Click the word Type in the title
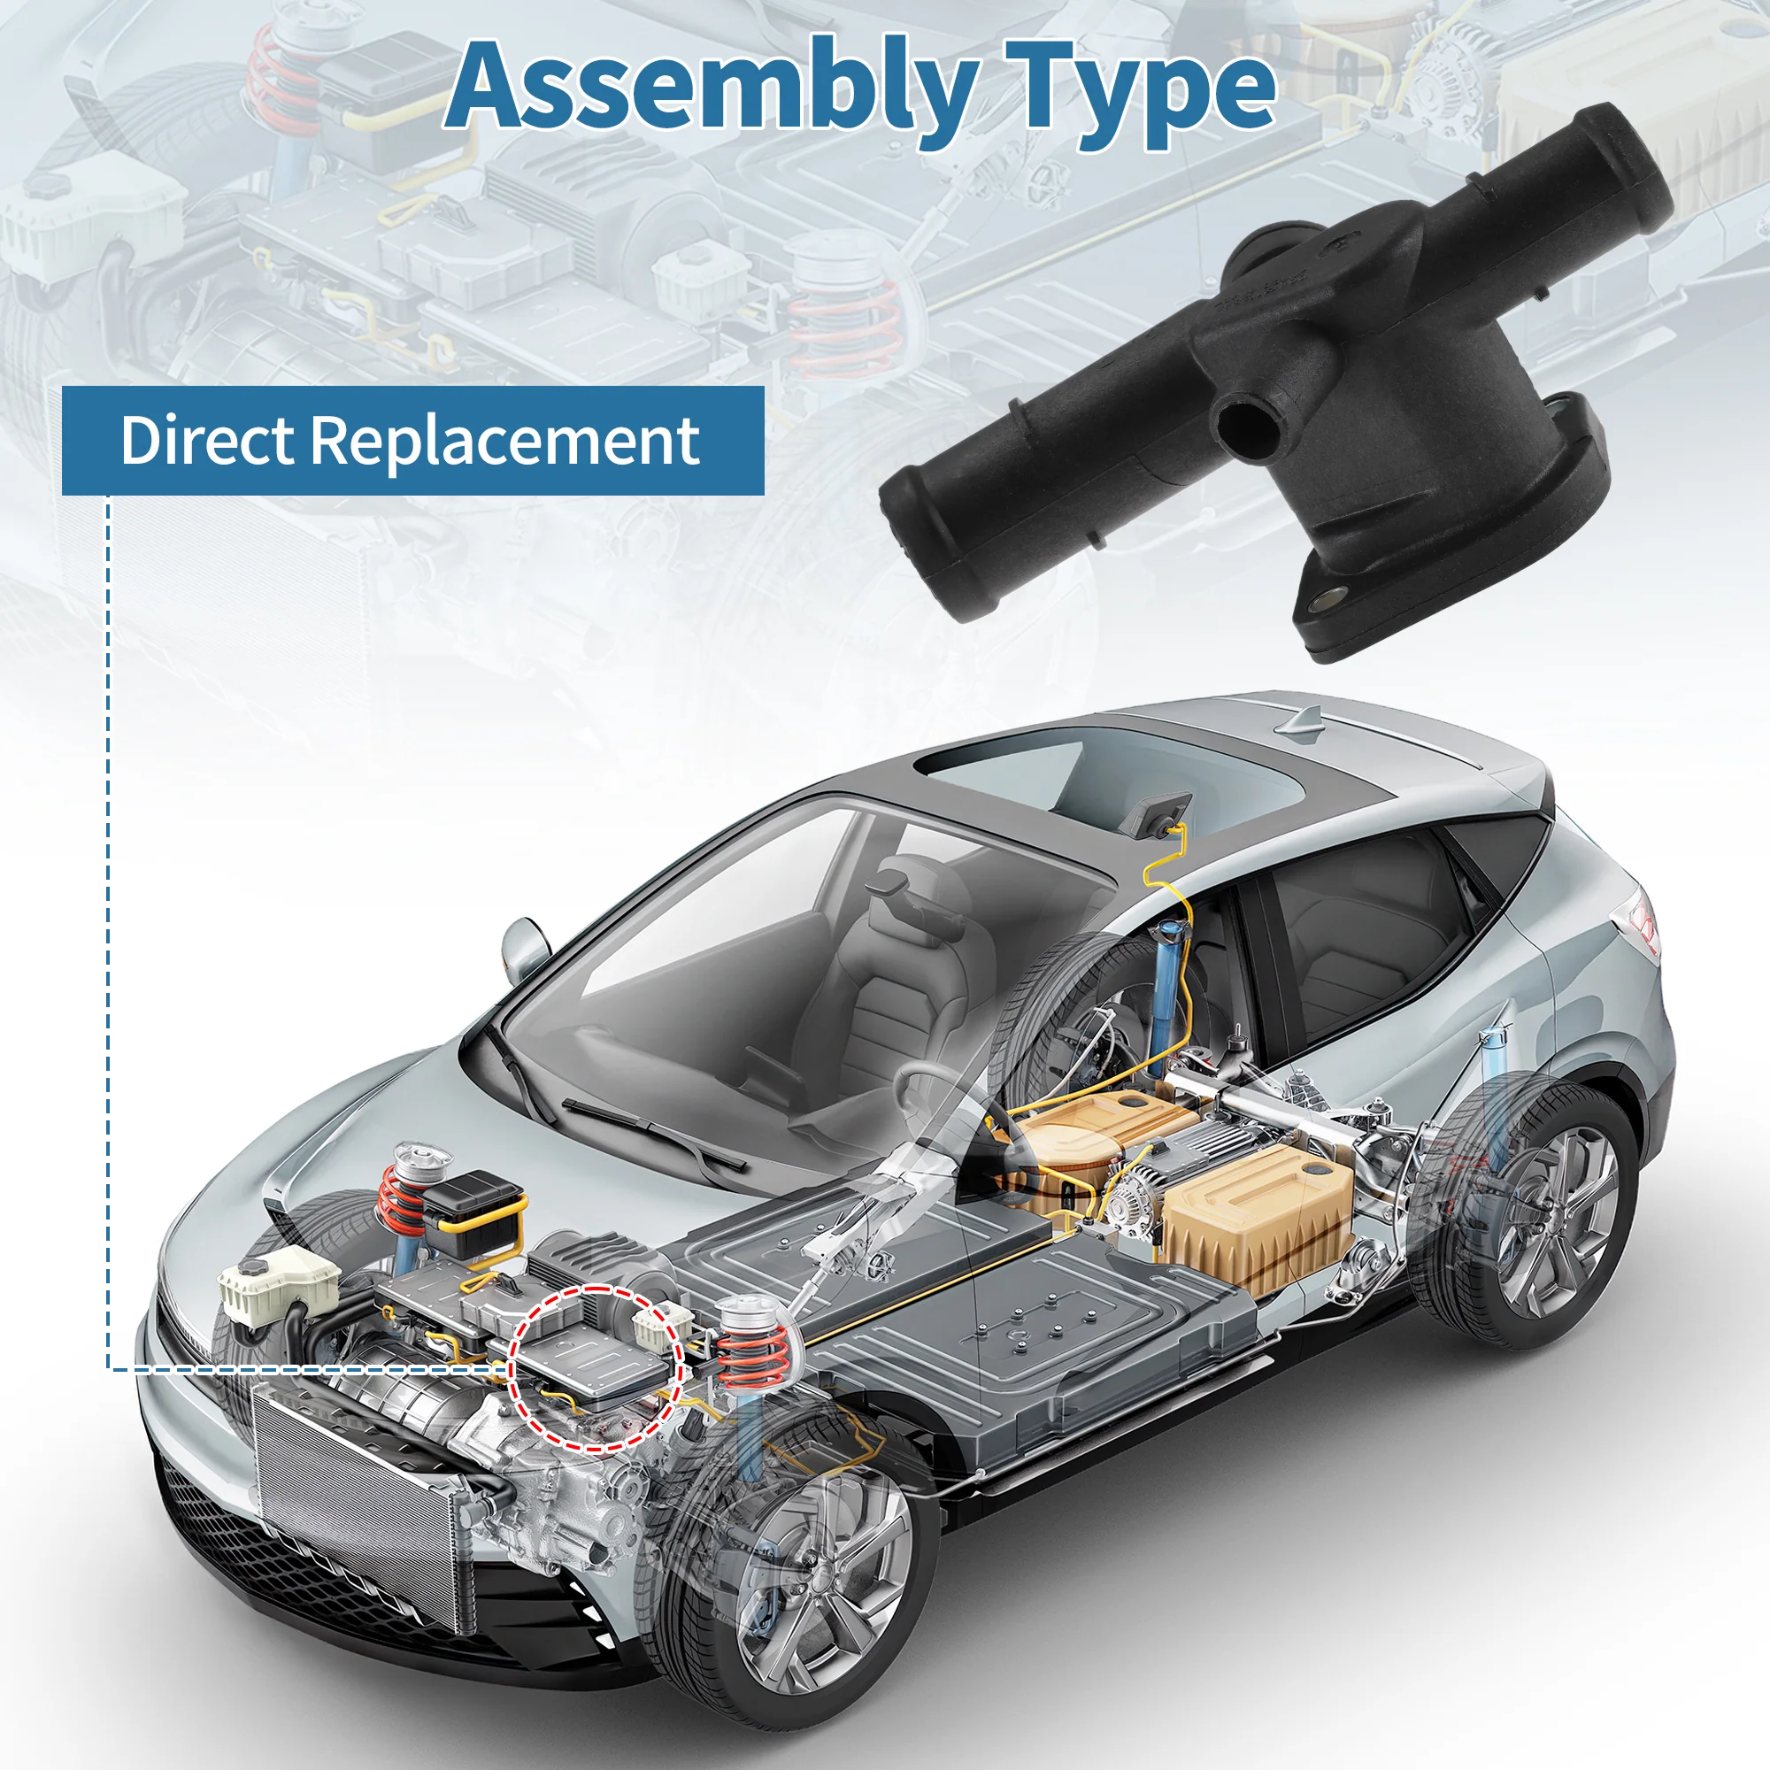[1141, 92]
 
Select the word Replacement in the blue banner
[504, 442]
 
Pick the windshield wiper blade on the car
[654, 1134]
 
